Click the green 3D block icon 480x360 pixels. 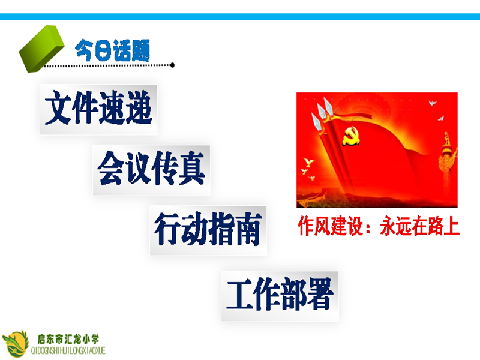tap(41, 49)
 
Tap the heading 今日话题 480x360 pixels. tap(112, 50)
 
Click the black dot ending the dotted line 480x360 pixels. tap(172, 65)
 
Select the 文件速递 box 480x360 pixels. tap(98, 110)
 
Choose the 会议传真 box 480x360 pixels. tap(152, 170)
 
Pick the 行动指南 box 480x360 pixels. tap(208, 230)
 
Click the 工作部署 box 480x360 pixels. tap(280, 296)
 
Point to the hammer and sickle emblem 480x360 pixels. tap(350, 136)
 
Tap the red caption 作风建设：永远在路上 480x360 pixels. tap(379, 226)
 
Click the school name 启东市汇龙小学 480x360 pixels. tap(68, 339)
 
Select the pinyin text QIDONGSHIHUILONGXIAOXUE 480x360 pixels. tap(68, 350)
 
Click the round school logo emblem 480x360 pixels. tap(16, 344)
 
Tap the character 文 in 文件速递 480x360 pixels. tap(58, 108)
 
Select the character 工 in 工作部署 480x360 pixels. tap(240, 294)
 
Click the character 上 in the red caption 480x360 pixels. tap(451, 226)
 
